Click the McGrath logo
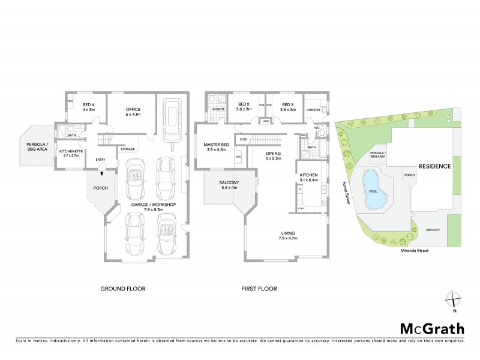432,328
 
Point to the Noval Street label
345,194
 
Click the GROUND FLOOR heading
122,289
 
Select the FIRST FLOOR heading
259,289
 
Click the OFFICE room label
133,109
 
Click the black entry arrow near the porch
101,173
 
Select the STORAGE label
127,148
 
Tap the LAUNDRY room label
313,110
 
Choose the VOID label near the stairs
243,139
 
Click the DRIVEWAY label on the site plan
433,230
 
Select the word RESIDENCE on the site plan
434,166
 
